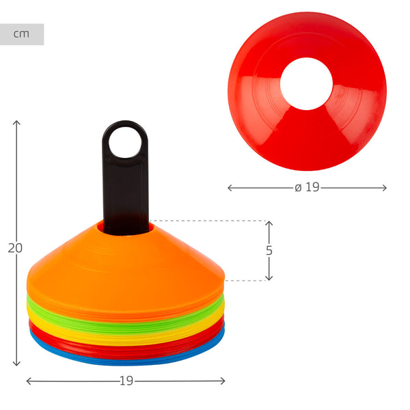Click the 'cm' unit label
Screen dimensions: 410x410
point(22,34)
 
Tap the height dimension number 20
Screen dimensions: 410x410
point(15,248)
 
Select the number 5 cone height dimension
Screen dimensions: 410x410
point(269,251)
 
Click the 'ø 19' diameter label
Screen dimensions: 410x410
point(307,187)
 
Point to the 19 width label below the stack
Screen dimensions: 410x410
point(126,381)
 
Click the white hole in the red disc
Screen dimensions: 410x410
point(306,84)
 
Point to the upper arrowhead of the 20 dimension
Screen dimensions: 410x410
point(16,122)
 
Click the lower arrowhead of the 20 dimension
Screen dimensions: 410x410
point(16,365)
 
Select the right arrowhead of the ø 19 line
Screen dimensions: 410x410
point(385,187)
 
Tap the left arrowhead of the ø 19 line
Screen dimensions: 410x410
point(230,187)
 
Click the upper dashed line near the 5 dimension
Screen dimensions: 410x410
point(205,221)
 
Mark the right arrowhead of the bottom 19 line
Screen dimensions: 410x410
point(223,381)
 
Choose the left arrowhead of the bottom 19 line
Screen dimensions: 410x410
point(28,381)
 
